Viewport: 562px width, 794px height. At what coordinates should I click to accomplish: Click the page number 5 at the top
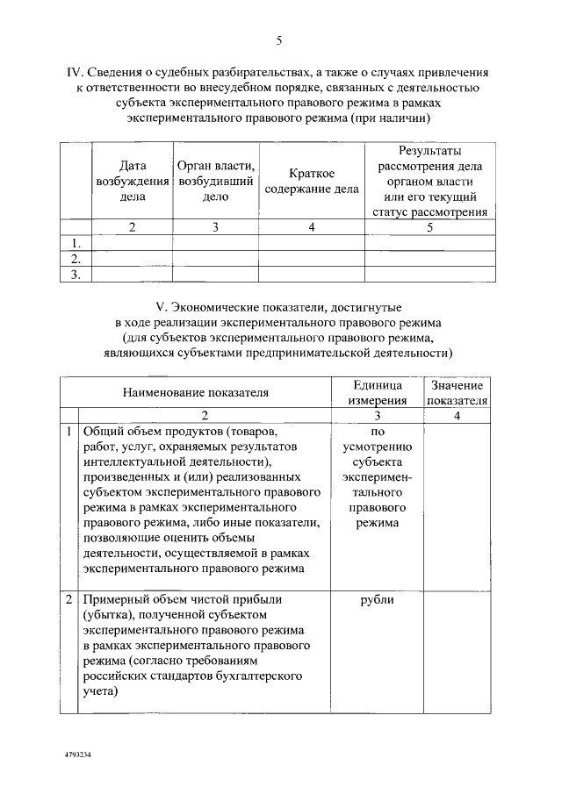coord(278,40)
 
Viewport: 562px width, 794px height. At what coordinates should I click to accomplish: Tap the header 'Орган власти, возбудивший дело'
coord(215,181)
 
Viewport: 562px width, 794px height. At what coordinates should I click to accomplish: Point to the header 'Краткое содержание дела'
coord(312,181)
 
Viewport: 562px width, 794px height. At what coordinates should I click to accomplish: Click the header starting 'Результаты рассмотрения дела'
coord(429,181)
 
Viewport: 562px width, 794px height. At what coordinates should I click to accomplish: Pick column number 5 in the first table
coord(429,227)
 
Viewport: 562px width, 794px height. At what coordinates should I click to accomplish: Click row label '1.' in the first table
coord(76,243)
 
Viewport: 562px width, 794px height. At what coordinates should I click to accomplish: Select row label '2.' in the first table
coord(76,259)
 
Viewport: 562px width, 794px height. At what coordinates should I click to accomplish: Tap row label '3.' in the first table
coord(76,275)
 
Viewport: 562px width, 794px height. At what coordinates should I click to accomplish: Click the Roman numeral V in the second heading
coord(160,308)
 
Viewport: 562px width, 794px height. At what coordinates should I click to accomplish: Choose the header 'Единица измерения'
coord(377,393)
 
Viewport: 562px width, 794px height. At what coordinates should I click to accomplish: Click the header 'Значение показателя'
coord(457,393)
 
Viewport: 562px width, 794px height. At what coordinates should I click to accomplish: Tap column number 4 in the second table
coord(457,416)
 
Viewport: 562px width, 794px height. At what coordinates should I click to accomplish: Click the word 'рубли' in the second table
coord(377,600)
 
